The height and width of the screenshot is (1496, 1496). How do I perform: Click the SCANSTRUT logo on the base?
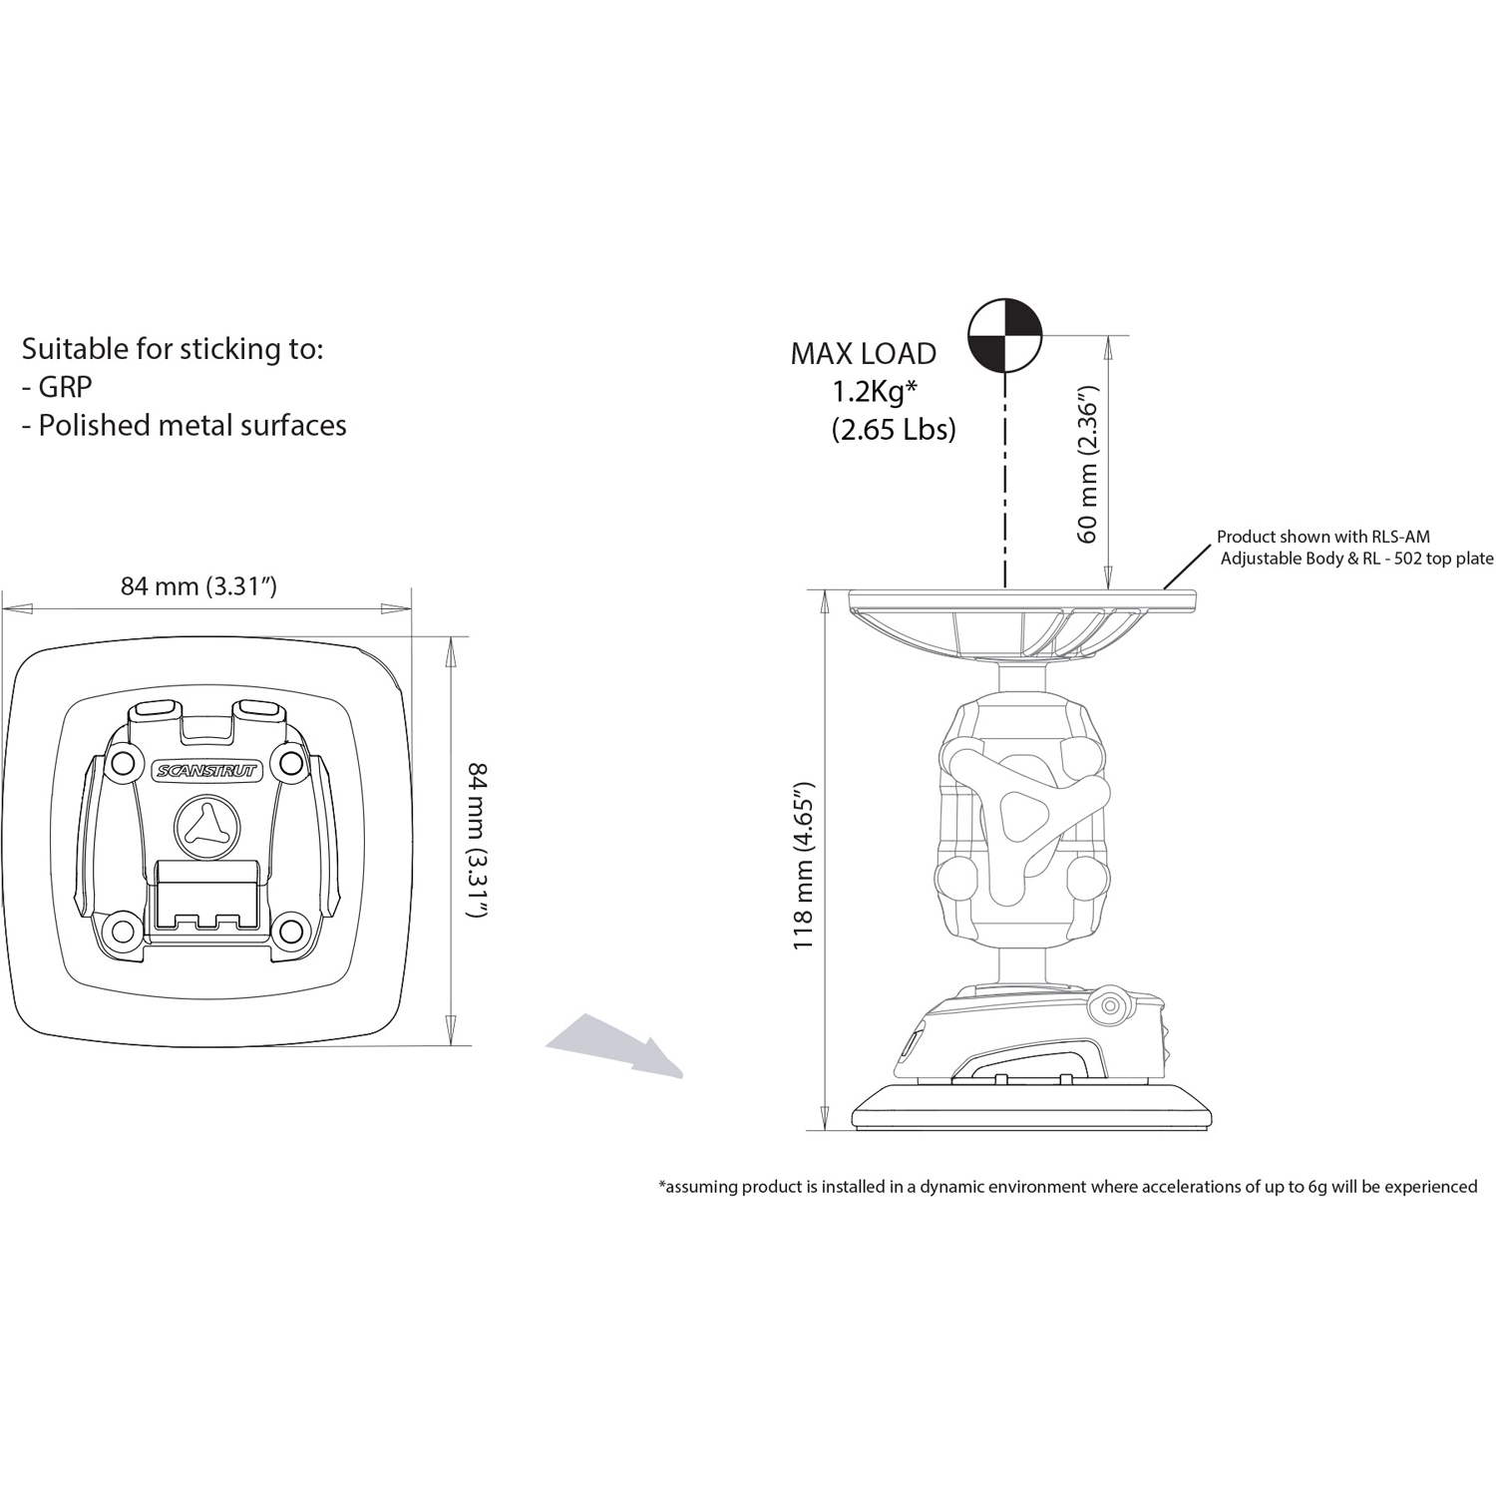tap(205, 771)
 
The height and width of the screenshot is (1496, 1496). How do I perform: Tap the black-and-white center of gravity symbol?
tap(1005, 333)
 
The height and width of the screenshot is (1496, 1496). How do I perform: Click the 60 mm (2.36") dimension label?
tap(1088, 470)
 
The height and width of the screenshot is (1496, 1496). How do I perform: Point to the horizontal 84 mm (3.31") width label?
tap(198, 586)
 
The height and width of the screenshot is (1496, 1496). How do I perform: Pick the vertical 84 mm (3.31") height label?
tap(478, 840)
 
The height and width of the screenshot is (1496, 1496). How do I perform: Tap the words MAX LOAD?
tap(863, 354)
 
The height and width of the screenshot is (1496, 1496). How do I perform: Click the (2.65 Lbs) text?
tap(893, 430)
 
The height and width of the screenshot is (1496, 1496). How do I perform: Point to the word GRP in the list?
tap(65, 387)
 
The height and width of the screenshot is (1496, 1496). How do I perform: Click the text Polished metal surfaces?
tap(191, 426)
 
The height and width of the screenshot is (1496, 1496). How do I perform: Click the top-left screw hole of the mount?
tap(123, 763)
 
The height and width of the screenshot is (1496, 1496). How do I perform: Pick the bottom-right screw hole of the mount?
tap(290, 932)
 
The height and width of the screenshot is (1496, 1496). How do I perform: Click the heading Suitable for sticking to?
tap(173, 349)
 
